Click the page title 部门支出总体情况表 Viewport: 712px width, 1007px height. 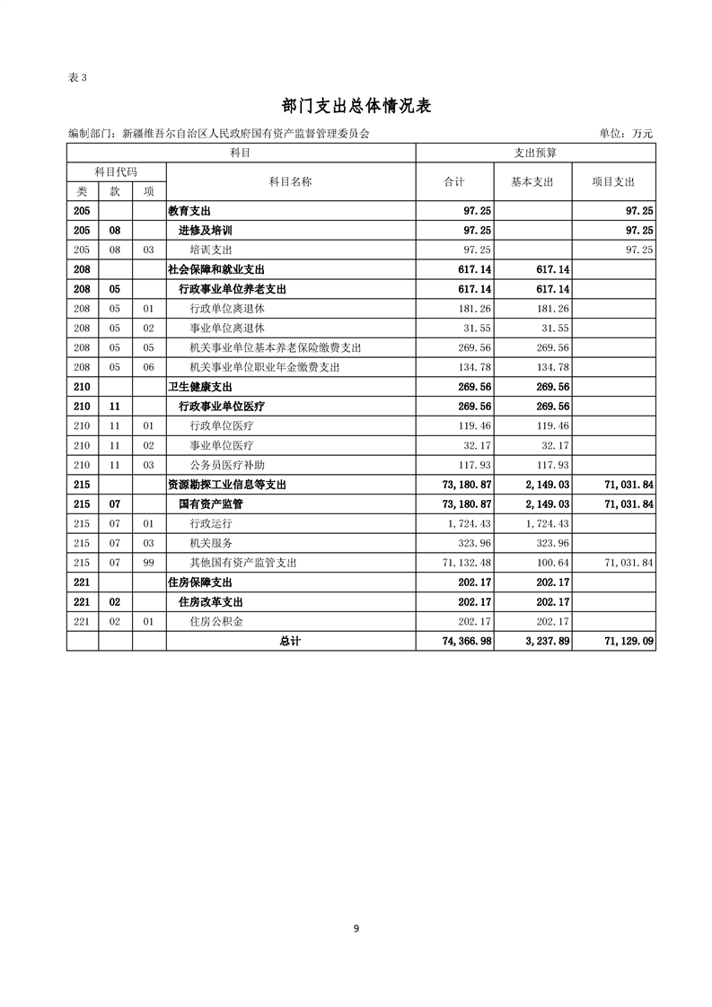click(356, 106)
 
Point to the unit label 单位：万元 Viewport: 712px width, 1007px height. click(626, 134)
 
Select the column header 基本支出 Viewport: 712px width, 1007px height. click(532, 181)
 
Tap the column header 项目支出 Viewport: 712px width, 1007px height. click(613, 181)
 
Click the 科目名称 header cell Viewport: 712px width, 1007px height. click(290, 181)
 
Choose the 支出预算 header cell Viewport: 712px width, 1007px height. click(535, 153)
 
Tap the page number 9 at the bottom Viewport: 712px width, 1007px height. click(356, 928)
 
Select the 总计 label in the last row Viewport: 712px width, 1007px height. click(290, 641)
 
